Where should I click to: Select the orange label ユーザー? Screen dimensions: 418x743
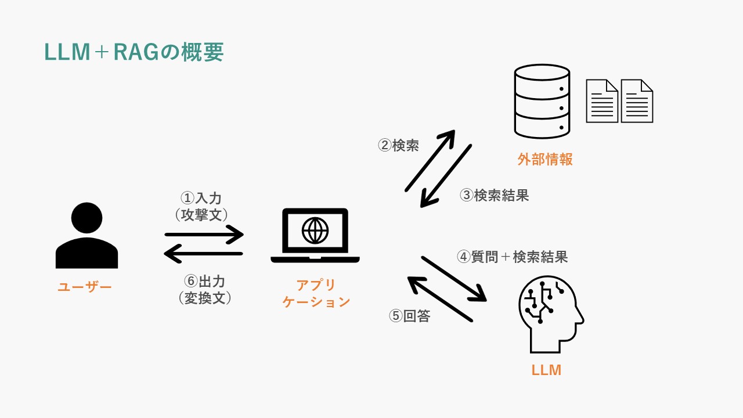click(x=85, y=286)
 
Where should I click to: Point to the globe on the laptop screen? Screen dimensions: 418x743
click(x=315, y=230)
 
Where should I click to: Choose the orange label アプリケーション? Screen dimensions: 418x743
click(x=316, y=293)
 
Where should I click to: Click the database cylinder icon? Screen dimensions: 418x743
click(x=542, y=101)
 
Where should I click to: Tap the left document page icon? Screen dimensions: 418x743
click(x=602, y=101)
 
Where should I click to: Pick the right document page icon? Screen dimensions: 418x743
click(x=637, y=101)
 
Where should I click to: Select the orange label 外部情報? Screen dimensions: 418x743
click(x=545, y=160)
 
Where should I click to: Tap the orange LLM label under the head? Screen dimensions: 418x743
click(x=546, y=370)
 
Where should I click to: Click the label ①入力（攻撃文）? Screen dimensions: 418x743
click(x=201, y=206)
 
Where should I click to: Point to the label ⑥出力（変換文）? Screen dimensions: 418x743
click(x=204, y=289)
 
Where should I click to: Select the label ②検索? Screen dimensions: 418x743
click(x=398, y=145)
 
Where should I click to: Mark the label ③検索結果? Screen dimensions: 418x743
click(x=494, y=195)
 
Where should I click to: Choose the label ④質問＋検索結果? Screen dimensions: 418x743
click(x=512, y=257)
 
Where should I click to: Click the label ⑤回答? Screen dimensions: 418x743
click(x=409, y=316)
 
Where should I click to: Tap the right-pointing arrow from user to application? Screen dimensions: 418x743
click(x=204, y=235)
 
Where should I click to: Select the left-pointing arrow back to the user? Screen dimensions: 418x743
click(x=204, y=254)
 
